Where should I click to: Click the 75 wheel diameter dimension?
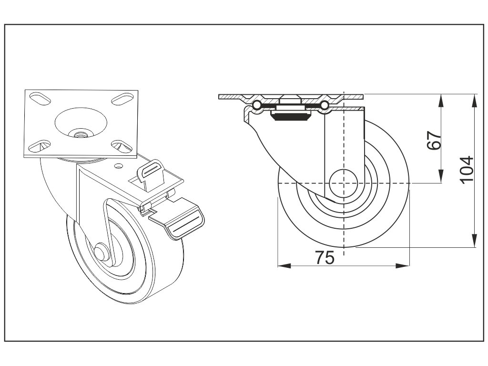(x=324, y=257)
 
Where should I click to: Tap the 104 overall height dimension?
(x=467, y=169)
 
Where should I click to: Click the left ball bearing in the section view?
(x=256, y=105)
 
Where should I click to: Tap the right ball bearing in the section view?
(x=325, y=105)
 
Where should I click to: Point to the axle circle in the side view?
(x=344, y=183)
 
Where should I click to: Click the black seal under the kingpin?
(x=289, y=117)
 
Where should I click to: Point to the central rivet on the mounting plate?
(x=79, y=134)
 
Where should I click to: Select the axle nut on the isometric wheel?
(x=102, y=251)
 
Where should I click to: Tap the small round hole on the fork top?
(x=118, y=166)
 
